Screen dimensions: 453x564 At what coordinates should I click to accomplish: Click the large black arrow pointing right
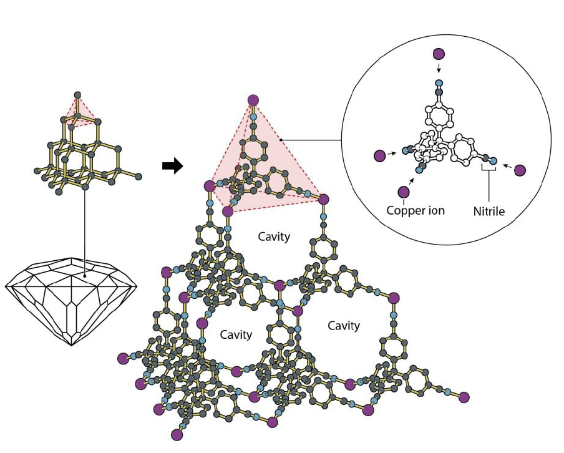[172, 166]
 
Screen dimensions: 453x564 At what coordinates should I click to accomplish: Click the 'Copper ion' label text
[416, 210]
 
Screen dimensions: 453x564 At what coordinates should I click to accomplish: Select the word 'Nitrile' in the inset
[489, 212]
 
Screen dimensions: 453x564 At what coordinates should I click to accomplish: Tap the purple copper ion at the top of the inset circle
[439, 54]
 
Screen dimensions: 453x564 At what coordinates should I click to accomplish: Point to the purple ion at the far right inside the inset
[520, 170]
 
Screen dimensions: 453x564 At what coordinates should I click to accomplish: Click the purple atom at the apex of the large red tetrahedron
[253, 100]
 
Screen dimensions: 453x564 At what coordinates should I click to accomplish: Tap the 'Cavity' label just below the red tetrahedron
[274, 237]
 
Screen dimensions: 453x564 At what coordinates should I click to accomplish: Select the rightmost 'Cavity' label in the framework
[344, 326]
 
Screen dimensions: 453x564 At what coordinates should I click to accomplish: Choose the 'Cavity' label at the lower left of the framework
[236, 334]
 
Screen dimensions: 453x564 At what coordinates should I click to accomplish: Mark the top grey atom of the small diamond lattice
[77, 95]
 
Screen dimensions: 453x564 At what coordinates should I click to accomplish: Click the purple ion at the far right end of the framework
[464, 396]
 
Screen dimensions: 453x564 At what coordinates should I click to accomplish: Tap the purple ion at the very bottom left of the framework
[177, 434]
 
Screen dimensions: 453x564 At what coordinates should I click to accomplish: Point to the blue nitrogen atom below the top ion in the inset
[439, 83]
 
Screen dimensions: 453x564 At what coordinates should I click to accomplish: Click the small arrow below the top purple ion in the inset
[439, 69]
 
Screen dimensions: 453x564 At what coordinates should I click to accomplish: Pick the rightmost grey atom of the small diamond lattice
[138, 177]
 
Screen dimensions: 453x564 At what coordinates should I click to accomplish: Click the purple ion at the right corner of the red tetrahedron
[323, 199]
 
